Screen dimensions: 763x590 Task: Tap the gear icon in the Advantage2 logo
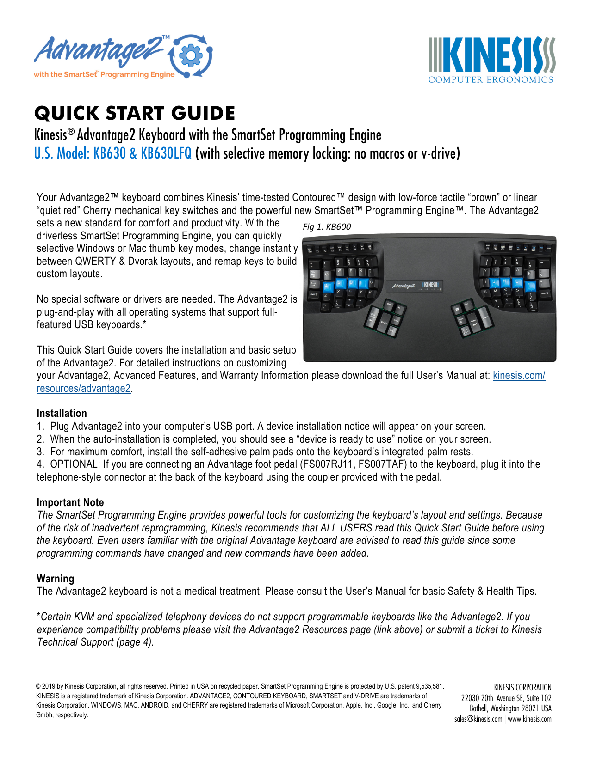pyautogui.click(x=191, y=56)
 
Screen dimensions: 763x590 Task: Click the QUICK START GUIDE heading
pyautogui.click(x=135, y=113)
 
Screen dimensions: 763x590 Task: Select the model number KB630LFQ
pyautogui.click(x=166, y=153)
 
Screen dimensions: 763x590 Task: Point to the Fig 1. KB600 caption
pyautogui.click(x=327, y=226)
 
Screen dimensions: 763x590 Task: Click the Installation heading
pyautogui.click(x=62, y=413)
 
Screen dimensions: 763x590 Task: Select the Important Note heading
pyautogui.click(x=70, y=502)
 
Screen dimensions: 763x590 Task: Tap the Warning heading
pyautogui.click(x=55, y=579)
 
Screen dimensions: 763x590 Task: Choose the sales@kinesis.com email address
pyautogui.click(x=478, y=719)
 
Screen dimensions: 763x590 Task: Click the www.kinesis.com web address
pyautogui.click(x=529, y=719)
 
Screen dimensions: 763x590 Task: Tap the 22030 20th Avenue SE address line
pyautogui.click(x=506, y=698)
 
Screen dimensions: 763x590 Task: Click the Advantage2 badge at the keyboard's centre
pyautogui.click(x=404, y=286)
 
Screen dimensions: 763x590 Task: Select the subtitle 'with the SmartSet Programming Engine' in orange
pyautogui.click(x=104, y=74)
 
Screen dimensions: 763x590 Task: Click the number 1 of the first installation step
pyautogui.click(x=40, y=426)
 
